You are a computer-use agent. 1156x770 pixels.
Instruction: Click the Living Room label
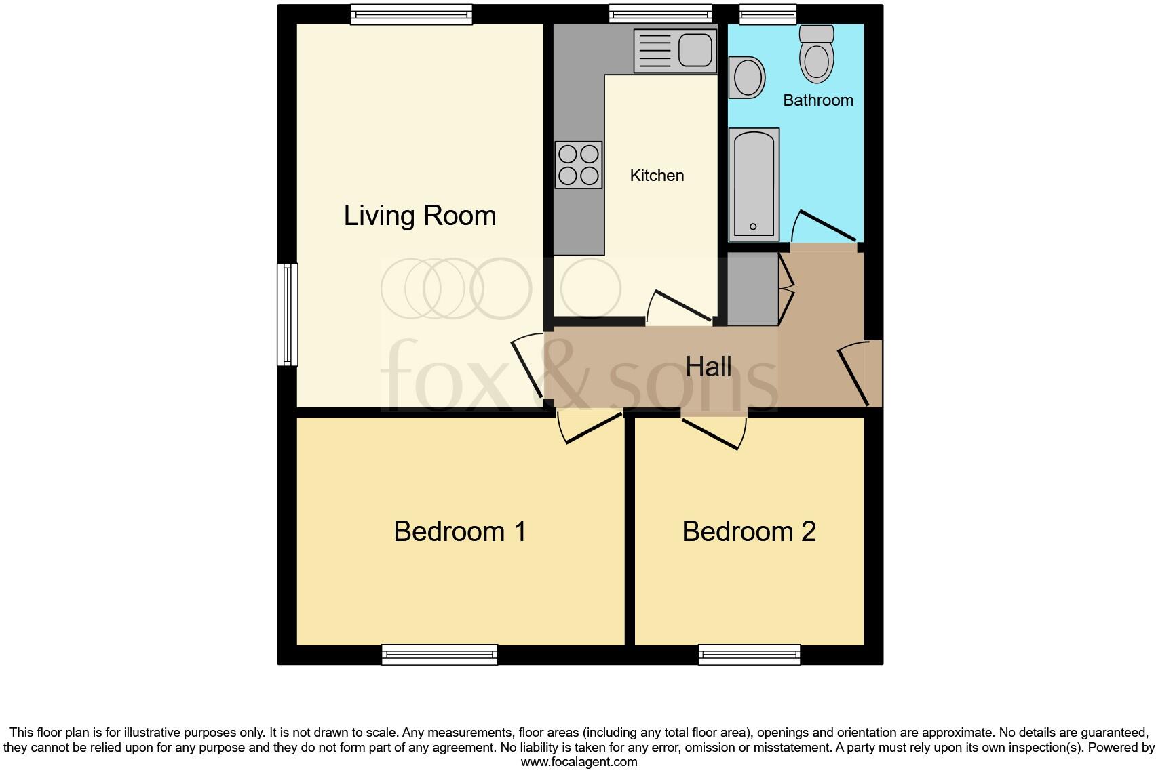[420, 216]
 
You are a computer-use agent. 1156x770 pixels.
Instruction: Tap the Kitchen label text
[657, 176]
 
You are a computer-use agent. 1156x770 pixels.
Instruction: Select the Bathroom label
[817, 100]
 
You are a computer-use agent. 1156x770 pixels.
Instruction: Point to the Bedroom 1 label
[460, 531]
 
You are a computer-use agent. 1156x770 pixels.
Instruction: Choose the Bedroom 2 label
[749, 531]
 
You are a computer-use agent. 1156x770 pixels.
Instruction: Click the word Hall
[708, 367]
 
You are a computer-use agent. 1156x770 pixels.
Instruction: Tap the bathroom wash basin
[747, 77]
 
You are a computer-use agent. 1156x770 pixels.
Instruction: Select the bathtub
[754, 184]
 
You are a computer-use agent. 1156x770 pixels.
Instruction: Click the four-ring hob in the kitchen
[579, 165]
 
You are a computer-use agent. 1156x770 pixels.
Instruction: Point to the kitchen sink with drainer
[675, 51]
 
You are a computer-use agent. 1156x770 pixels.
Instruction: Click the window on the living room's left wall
[288, 315]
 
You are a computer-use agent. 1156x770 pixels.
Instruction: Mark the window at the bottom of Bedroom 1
[440, 654]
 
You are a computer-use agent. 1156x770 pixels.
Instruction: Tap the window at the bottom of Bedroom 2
[750, 654]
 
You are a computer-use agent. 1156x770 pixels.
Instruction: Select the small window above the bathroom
[767, 14]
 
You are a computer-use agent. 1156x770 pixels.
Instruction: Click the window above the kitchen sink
[660, 14]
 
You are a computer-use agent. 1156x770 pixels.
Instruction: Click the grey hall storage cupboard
[752, 289]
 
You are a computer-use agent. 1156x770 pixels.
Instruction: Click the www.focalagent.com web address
[579, 762]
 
